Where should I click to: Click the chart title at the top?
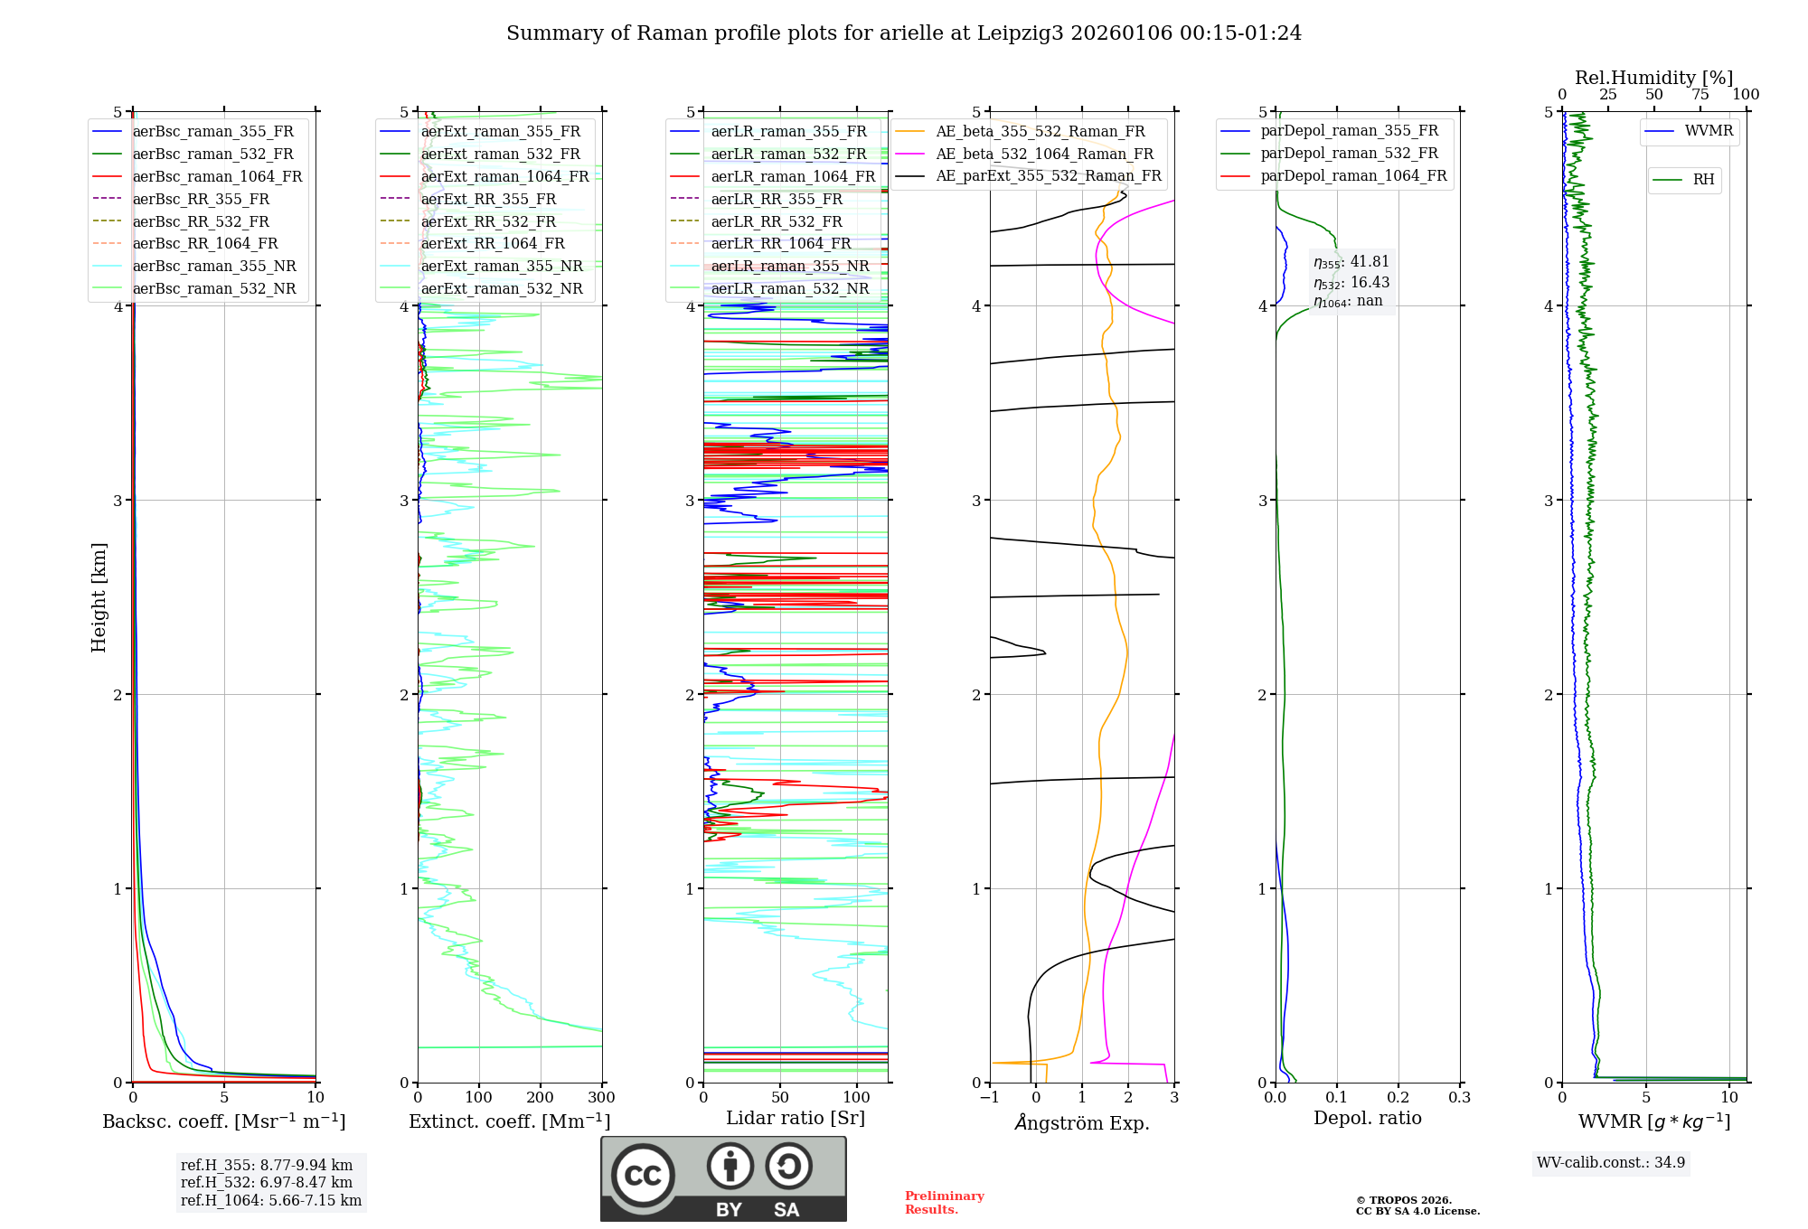tap(904, 33)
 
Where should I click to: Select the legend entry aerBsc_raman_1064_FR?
tap(217, 177)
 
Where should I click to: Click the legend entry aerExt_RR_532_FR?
tap(488, 221)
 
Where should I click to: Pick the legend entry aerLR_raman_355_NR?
tap(789, 267)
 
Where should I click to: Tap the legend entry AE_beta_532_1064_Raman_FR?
tap(1044, 155)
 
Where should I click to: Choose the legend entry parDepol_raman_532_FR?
tap(1349, 154)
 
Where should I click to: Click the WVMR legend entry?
tap(1709, 131)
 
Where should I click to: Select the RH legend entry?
tap(1703, 180)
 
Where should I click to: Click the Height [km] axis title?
tap(99, 597)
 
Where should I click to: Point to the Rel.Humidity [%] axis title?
tap(1653, 78)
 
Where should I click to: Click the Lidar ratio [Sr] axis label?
tap(796, 1118)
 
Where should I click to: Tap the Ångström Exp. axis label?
tap(1082, 1122)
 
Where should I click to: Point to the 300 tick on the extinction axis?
tap(602, 1098)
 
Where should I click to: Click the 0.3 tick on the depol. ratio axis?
tap(1459, 1098)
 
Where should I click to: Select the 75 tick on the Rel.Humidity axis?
tap(1700, 95)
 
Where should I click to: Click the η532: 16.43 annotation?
tap(1351, 283)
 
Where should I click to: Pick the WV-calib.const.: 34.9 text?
tap(1611, 1163)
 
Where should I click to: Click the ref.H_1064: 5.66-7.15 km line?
tap(271, 1201)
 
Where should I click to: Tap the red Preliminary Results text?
tap(944, 1203)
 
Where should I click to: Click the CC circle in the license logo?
tap(643, 1176)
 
